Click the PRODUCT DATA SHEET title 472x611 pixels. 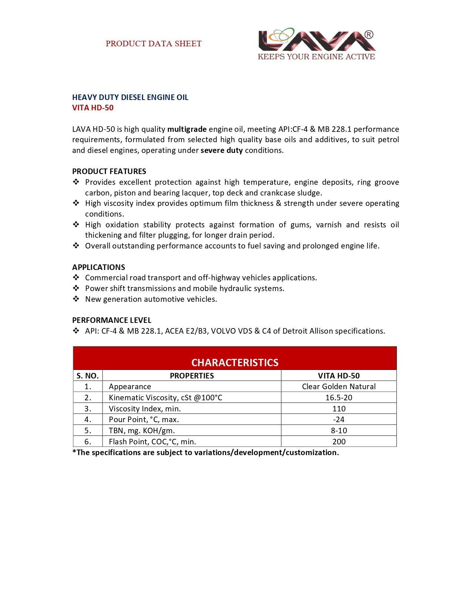(154, 44)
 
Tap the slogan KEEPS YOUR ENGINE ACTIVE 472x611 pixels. (317, 57)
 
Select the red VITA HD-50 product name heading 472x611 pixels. (93, 108)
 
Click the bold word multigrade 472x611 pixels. (187, 129)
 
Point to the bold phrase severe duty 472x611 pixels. (222, 150)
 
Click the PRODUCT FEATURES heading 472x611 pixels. (109, 171)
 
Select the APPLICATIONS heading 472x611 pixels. (98, 267)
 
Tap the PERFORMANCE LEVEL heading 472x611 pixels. (112, 320)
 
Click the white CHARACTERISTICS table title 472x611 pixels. (235, 363)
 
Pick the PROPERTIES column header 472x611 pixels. (192, 376)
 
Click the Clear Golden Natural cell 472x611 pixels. (339, 387)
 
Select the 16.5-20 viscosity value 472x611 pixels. (339, 398)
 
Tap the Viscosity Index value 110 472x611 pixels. (339, 409)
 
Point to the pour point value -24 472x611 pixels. (339, 420)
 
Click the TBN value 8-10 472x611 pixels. (339, 431)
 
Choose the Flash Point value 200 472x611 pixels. (339, 442)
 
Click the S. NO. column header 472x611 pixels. (88, 376)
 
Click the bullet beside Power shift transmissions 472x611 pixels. (76, 288)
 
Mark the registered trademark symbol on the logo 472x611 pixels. (369, 35)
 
